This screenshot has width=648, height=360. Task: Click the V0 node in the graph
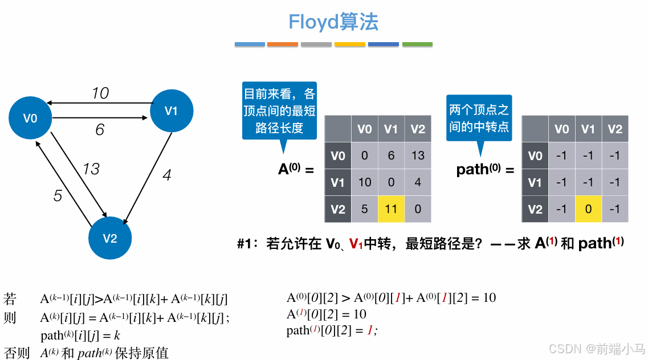pyautogui.click(x=30, y=118)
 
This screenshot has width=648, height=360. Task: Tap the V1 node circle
pyautogui.click(x=171, y=111)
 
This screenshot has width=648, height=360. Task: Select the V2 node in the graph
pyautogui.click(x=110, y=238)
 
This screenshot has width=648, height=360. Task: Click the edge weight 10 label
pyautogui.click(x=100, y=93)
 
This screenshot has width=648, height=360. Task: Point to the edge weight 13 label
pyautogui.click(x=91, y=169)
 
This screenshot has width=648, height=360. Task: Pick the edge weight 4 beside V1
pyautogui.click(x=166, y=175)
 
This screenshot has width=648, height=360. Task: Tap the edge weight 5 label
pyautogui.click(x=58, y=196)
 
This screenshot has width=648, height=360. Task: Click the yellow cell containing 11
pyautogui.click(x=391, y=209)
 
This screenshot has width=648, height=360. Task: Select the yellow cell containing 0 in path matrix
pyautogui.click(x=588, y=209)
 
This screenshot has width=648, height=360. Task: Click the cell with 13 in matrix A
pyautogui.click(x=418, y=156)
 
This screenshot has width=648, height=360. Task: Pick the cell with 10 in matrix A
pyautogui.click(x=365, y=182)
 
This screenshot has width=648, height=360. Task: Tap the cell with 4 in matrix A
pyautogui.click(x=418, y=182)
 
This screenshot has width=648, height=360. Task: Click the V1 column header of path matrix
pyautogui.click(x=588, y=129)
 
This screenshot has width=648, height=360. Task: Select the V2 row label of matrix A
pyautogui.click(x=338, y=209)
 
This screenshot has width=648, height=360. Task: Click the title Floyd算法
pyautogui.click(x=333, y=22)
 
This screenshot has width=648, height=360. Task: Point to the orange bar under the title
pyautogui.click(x=283, y=44)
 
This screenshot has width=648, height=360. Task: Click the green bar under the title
pyautogui.click(x=417, y=44)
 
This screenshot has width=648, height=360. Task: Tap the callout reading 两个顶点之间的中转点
pyautogui.click(x=479, y=118)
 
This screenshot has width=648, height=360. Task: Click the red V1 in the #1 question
pyautogui.click(x=356, y=244)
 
